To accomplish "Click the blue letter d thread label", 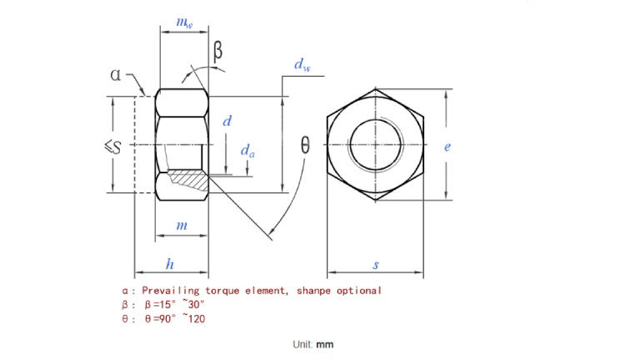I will [226, 122].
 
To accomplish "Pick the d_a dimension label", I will [248, 151].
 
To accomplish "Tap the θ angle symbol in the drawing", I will [305, 147].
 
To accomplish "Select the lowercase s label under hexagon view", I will [375, 265].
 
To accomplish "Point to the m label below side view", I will [182, 226].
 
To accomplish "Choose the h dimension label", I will [170, 265].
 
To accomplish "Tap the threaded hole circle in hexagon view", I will [375, 144].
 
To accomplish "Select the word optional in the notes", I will [358, 291].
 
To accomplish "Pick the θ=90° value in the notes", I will [158, 318].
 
